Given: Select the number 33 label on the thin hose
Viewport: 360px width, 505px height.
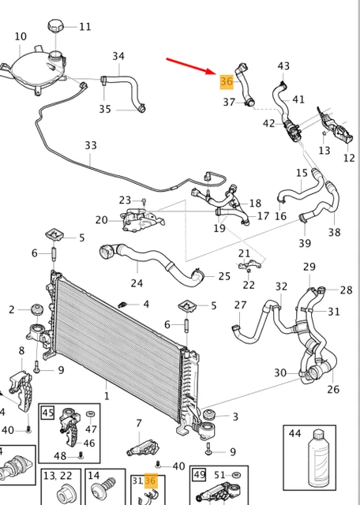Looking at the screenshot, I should click(x=91, y=145).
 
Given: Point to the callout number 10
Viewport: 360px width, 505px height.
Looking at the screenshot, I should click(x=21, y=36).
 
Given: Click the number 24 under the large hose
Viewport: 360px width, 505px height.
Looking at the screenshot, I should click(x=137, y=283).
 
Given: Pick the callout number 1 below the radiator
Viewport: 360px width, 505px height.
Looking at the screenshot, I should click(x=107, y=395).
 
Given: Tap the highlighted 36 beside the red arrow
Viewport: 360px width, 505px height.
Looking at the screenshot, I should click(x=227, y=81).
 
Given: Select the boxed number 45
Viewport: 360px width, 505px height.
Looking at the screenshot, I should click(x=47, y=412).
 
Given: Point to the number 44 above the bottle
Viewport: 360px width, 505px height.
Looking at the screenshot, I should click(x=295, y=433).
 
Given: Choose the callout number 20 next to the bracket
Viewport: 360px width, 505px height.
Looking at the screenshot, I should click(x=101, y=219).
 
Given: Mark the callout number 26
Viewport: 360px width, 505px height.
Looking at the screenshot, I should click(x=333, y=389).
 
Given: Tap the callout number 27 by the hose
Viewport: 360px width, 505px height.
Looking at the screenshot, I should click(x=241, y=305).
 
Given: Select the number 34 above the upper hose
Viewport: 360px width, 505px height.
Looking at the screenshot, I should click(x=118, y=56).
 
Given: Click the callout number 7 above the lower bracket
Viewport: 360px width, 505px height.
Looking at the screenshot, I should click(x=139, y=423).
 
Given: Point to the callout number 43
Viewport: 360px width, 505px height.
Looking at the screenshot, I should click(x=283, y=66).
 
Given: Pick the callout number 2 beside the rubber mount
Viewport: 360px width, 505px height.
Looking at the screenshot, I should click(x=12, y=309).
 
